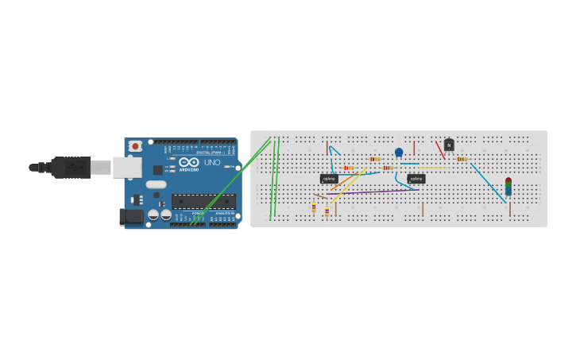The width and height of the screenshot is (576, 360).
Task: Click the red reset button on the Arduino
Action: click(135, 146)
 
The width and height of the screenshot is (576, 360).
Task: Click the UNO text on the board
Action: click(212, 163)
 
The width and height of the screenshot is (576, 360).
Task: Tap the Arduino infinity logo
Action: click(188, 162)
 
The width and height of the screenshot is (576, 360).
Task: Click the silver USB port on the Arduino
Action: click(126, 167)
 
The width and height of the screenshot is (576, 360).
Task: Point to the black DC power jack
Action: click(130, 216)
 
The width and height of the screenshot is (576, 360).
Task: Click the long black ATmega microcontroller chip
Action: click(203, 202)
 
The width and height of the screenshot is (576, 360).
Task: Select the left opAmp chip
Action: click(329, 178)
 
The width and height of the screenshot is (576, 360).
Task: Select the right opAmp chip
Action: click(416, 178)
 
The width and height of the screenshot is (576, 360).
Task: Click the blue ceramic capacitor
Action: click(399, 152)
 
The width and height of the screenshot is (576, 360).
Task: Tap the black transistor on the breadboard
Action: click(449, 145)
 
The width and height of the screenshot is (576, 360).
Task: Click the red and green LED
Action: click(508, 187)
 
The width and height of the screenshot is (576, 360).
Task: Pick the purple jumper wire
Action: click(373, 192)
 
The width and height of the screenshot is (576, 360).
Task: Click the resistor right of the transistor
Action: click(461, 159)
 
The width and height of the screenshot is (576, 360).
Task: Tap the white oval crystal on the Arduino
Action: click(156, 184)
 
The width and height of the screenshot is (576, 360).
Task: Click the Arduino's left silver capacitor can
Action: click(153, 215)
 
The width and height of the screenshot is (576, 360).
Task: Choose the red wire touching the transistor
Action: click(439, 149)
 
